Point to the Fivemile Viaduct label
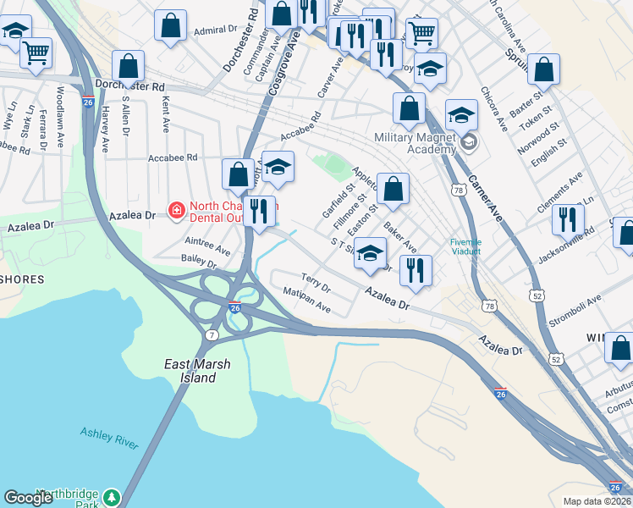click(x=465, y=246)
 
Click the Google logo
click(x=29, y=498)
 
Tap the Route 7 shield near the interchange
click(x=208, y=335)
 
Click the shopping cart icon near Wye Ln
click(x=36, y=52)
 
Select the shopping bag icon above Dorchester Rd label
click(x=128, y=65)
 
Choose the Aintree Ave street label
click(x=206, y=246)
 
